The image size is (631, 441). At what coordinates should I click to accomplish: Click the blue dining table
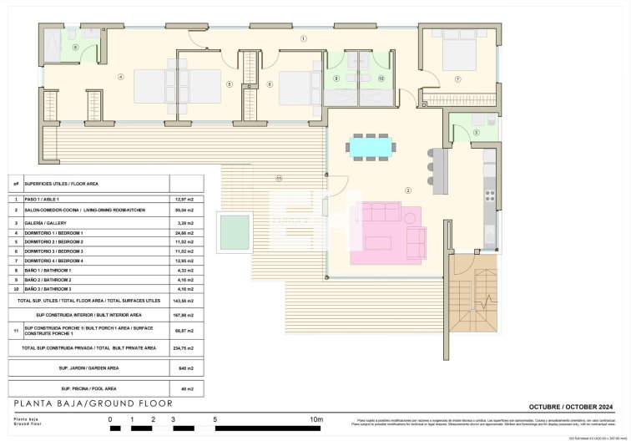click(x=370, y=147)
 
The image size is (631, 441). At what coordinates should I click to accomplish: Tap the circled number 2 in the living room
click(x=408, y=190)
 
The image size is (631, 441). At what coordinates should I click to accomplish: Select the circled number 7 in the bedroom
click(x=457, y=79)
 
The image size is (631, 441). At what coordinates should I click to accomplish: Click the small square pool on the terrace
click(x=234, y=232)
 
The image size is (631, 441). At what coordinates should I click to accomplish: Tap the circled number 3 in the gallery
click(x=477, y=133)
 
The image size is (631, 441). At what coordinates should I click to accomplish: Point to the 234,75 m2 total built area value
click(x=184, y=347)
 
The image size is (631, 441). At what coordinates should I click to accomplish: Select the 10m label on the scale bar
click(x=316, y=419)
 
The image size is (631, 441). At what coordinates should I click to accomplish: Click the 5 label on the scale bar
click(x=215, y=419)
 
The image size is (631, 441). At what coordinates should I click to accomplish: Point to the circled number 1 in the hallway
click(x=304, y=38)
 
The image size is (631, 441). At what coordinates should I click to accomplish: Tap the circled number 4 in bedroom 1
click(x=120, y=77)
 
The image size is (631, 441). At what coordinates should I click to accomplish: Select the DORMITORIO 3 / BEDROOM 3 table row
click(x=54, y=251)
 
